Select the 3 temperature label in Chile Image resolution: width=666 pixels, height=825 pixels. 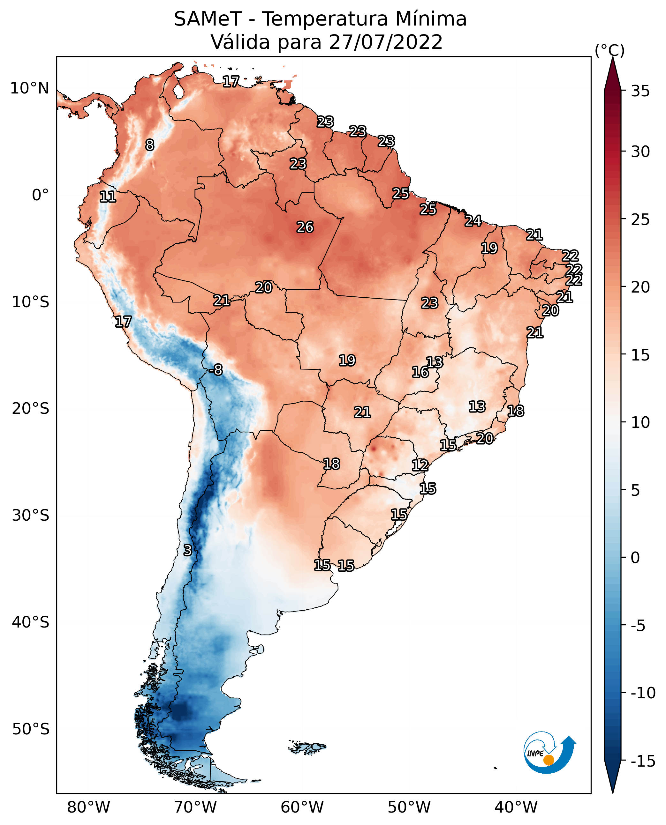[x=187, y=550]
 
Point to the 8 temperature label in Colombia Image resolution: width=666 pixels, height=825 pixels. [x=150, y=145]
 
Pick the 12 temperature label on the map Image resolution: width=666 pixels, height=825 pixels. [x=420, y=465]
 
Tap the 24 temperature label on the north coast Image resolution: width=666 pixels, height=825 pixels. [x=473, y=221]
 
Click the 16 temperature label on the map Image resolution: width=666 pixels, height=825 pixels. [x=420, y=372]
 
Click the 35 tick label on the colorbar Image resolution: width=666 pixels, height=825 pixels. [x=640, y=91]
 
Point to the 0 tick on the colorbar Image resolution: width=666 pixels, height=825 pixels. [x=635, y=557]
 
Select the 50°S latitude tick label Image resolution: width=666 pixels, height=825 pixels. [x=31, y=729]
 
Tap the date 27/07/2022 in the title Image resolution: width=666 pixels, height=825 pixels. [x=386, y=42]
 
